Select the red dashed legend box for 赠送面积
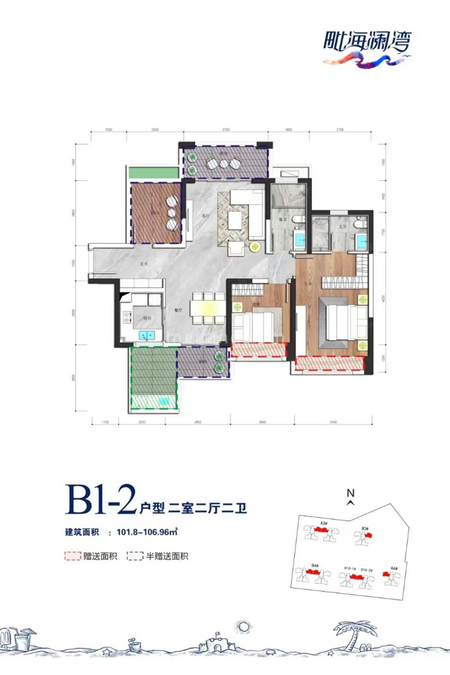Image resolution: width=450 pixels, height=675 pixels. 72,556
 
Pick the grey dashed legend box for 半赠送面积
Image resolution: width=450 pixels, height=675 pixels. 135,556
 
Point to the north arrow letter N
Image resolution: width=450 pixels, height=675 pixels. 351,493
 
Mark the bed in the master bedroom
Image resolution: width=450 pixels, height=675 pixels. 338,323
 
